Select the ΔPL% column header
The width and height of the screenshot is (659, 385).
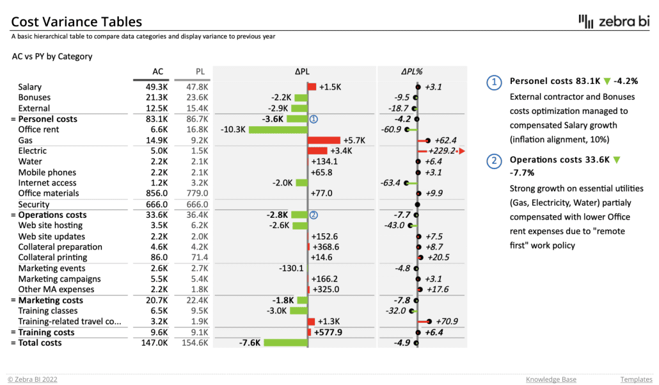(412, 72)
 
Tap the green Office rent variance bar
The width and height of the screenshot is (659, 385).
(278, 129)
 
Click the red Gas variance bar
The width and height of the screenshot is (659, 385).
(324, 140)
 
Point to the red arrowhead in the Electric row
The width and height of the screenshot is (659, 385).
(461, 151)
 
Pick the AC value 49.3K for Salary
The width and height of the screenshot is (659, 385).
(156, 87)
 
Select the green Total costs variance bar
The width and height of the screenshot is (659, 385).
(285, 343)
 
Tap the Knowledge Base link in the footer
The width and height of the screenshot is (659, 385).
(551, 379)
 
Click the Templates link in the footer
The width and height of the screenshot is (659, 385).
(636, 379)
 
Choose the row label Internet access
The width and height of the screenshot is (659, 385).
(48, 183)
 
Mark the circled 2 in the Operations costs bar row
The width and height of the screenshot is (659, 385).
(314, 215)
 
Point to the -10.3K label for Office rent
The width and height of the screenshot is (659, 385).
(233, 129)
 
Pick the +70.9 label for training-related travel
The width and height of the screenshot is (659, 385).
(445, 322)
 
